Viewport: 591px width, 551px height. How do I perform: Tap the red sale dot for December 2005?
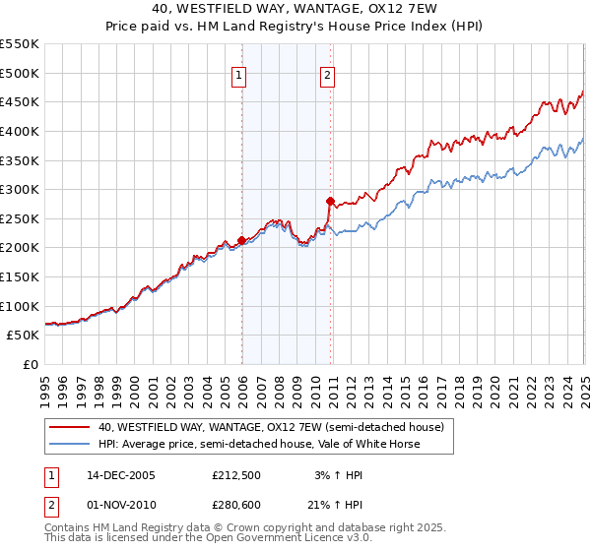[242, 240]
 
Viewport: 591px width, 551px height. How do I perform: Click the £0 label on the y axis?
[32, 364]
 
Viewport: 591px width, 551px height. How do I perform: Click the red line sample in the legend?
[70, 428]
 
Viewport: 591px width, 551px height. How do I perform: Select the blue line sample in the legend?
[70, 444]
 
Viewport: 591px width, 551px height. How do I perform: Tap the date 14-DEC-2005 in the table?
[121, 476]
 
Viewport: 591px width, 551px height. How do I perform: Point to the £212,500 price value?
[236, 476]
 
